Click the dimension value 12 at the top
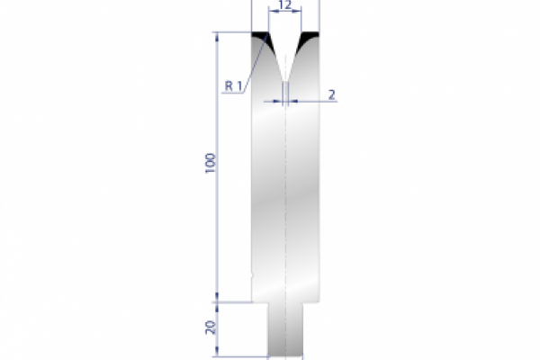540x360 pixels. [285, 6]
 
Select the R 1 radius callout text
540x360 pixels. [233, 86]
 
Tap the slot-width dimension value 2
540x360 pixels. [332, 94]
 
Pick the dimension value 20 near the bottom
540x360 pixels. [210, 328]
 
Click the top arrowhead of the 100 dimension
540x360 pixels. [217, 37]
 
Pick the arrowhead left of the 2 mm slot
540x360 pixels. [279, 102]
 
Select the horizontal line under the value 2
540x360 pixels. [315, 102]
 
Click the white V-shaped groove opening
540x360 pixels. [285, 49]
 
